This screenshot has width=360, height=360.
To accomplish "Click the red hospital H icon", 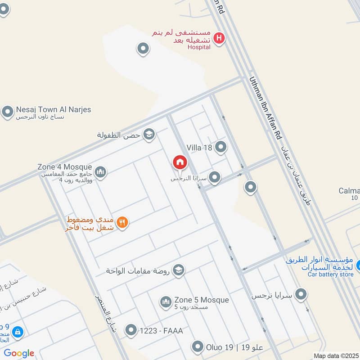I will [219, 39].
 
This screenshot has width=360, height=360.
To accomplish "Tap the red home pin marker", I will [180, 162].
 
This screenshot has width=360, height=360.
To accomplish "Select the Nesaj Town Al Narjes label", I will [54, 109].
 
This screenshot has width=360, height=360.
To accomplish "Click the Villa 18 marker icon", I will [220, 147].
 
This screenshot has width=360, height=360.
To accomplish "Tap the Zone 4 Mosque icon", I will [100, 172].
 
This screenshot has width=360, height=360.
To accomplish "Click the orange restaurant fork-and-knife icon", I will [122, 222].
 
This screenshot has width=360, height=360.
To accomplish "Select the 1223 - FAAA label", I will [161, 331].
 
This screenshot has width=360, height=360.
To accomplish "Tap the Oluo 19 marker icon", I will [198, 346].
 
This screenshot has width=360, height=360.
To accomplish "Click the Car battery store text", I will [331, 274].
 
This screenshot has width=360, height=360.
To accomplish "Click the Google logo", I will [19, 353].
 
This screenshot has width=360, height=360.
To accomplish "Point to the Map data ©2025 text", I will [336, 355].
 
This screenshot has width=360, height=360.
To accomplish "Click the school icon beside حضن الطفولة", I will [148, 134].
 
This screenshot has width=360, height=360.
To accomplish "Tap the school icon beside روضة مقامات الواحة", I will [179, 270].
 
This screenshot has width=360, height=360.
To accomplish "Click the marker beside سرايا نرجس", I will [301, 295].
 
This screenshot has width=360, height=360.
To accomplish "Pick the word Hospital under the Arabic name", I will [199, 47].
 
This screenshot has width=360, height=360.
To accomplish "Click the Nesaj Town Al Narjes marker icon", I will [7, 112].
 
